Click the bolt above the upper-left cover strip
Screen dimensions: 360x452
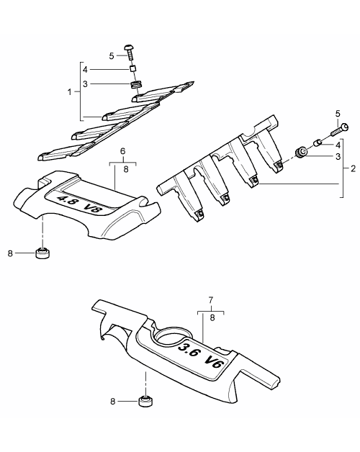(130, 53)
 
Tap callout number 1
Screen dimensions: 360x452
(69, 92)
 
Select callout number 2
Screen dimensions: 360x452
(353, 168)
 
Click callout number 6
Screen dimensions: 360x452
(123, 150)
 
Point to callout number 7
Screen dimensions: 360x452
(211, 300)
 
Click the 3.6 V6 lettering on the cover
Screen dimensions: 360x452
(201, 356)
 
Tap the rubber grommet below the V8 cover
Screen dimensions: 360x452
(42, 253)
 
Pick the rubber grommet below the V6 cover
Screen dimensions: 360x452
(145, 402)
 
